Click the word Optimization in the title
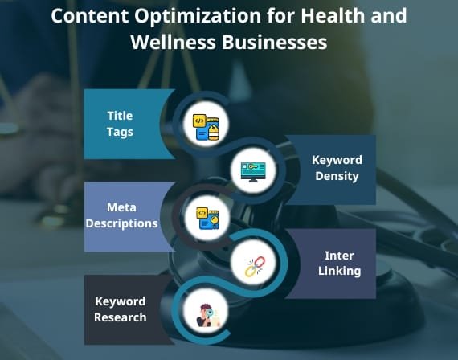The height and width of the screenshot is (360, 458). pos(198,16)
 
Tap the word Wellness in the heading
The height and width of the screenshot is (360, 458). pos(174,43)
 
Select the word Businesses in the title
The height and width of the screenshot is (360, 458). pos(274,43)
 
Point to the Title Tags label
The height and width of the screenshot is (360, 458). pos(120,124)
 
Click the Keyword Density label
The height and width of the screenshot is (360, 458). pos(337,168)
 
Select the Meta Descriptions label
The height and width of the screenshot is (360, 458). pos(121,215)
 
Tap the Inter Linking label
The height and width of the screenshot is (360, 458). pos(339,264)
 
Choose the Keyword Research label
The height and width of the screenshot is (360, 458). pos(120,309)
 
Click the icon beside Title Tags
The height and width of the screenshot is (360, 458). pos(206,127)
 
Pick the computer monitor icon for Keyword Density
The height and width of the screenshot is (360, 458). pos(253,173)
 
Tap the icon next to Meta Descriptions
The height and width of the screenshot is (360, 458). pos(207,219)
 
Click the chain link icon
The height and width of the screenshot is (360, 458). pos(255,266)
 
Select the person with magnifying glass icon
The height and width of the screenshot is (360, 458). pos(207,316)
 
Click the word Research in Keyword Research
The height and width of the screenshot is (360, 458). pos(120,317)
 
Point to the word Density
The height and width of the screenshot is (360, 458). pos(337,176)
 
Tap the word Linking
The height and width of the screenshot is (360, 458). pos(339,271)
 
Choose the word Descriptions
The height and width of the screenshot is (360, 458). pos(121,223)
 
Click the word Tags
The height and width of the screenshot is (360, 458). pos(120,132)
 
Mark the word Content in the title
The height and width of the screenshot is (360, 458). pos(90,16)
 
